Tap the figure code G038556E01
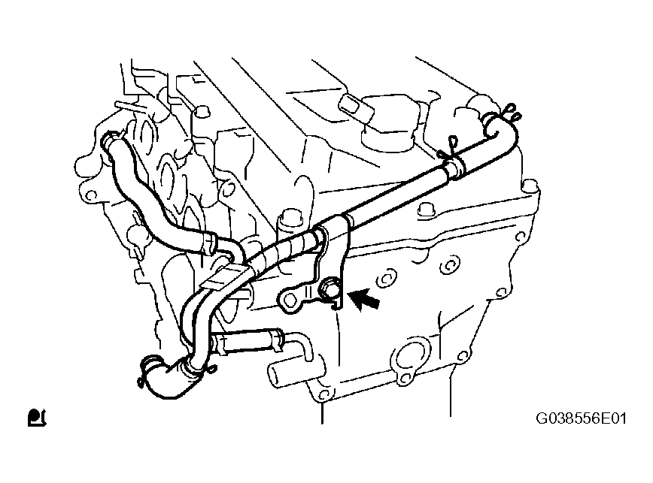pyautogui.click(x=581, y=418)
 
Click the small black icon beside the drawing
pyautogui.click(x=37, y=418)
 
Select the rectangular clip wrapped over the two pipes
pyautogui.click(x=220, y=278)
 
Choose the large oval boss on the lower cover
pyautogui.click(x=409, y=355)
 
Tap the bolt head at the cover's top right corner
pyautogui.click(x=530, y=186)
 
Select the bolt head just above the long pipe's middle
pyautogui.click(x=426, y=211)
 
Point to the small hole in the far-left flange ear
pyautogui.click(x=92, y=195)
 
